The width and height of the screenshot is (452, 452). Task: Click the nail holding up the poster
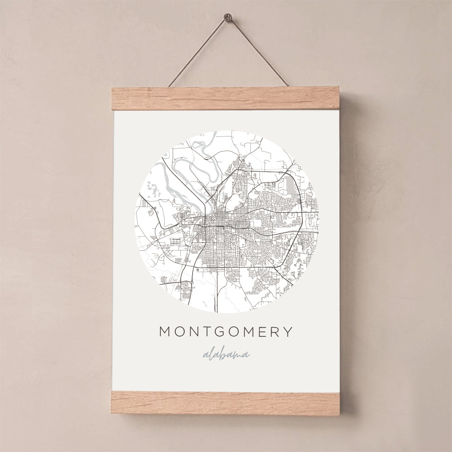pyautogui.click(x=227, y=19)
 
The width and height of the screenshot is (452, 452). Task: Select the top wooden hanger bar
pyautogui.click(x=225, y=99)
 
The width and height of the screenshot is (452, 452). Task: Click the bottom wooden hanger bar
pyautogui.click(x=225, y=403)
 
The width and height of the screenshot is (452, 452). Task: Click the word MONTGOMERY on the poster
pyautogui.click(x=226, y=332)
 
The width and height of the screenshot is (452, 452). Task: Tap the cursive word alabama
pyautogui.click(x=226, y=354)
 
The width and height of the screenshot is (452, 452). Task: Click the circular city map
pyautogui.click(x=226, y=221)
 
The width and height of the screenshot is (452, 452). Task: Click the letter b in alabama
pyautogui.click(x=223, y=353)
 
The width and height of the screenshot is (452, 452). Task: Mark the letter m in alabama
pyautogui.click(x=237, y=355)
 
